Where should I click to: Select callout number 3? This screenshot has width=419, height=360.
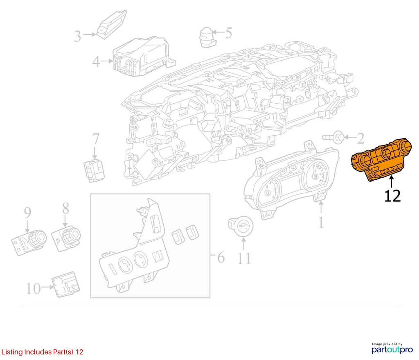[77, 36]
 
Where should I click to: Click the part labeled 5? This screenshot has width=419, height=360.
[208, 37]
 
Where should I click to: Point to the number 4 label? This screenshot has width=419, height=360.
[96, 62]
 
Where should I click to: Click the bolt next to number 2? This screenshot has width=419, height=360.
[333, 137]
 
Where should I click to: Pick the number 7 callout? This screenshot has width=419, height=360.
[96, 139]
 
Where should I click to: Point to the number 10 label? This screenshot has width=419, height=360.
[34, 289]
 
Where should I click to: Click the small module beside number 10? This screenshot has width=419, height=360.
[65, 285]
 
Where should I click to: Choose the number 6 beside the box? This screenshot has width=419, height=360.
[221, 258]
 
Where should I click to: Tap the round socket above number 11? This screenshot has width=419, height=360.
[241, 226]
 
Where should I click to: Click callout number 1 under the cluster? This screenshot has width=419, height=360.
[321, 222]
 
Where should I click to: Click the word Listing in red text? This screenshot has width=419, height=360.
[12, 352]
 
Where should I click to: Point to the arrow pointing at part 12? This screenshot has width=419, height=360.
[392, 181]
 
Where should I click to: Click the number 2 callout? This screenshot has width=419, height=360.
[361, 138]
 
